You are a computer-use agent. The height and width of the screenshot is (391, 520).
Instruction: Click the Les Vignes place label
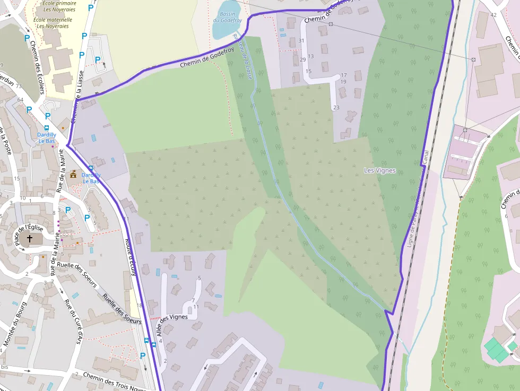click(379, 170)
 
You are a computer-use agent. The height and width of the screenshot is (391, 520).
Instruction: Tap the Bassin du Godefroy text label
click(228, 18)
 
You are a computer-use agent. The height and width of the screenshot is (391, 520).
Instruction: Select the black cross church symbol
click(30, 239)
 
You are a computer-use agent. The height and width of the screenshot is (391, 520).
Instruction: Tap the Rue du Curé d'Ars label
click(74, 321)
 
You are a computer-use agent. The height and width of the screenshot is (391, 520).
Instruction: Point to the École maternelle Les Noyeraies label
click(52, 23)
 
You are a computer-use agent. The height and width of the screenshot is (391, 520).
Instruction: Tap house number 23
click(336, 108)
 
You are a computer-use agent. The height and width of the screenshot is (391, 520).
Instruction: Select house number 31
click(302, 41)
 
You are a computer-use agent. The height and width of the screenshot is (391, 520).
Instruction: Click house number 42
click(493, 14)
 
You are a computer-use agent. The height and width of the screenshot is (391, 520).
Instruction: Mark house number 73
click(19, 86)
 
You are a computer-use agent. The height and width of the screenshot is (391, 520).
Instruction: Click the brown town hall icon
click(73, 173)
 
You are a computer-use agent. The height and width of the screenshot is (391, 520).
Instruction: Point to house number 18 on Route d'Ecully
click(140, 305)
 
